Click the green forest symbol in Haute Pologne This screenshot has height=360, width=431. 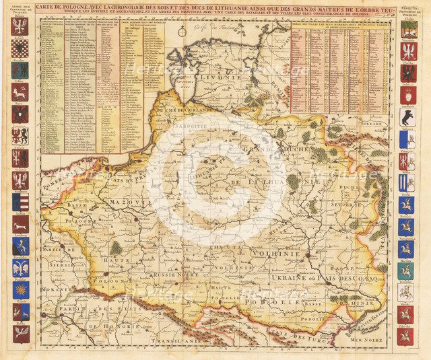click(116, 248)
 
